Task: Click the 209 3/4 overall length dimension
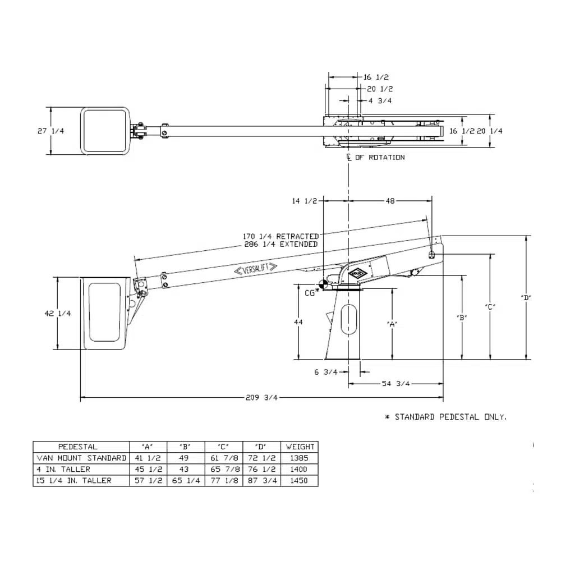261,398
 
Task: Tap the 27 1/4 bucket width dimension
51,131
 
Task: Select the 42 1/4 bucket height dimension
58,314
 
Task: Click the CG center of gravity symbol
324,284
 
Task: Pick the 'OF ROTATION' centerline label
380,158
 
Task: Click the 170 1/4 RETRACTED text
281,237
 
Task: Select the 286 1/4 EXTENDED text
281,245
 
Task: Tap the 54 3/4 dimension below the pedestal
396,384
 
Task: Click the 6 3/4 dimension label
326,372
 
